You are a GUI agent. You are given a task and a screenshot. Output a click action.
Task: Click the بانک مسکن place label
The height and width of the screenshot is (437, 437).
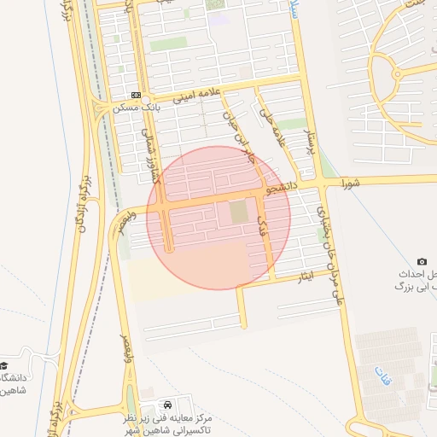click(137, 108)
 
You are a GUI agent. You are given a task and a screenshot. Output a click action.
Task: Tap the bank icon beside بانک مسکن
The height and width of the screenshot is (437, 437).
click(137, 95)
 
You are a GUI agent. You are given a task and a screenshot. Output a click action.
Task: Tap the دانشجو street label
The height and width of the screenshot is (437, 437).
click(281, 184)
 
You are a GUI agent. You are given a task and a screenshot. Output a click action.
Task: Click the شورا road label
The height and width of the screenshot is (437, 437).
click(352, 183)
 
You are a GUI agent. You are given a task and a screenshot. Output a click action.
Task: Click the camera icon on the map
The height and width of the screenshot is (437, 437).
click(422, 261)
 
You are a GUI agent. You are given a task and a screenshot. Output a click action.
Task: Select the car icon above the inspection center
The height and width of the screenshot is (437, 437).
click(168, 402)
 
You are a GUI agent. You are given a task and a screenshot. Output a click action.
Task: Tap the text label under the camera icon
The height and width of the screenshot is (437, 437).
click(417, 283)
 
